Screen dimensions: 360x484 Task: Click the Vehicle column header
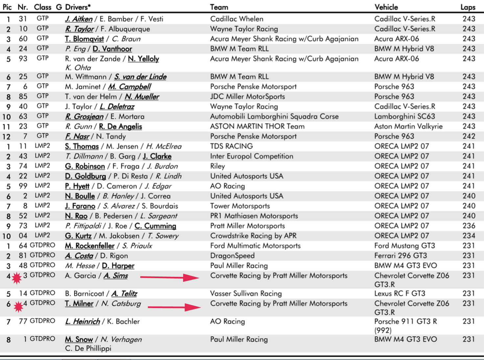pos(386,7)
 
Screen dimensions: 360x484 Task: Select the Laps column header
pos(468,7)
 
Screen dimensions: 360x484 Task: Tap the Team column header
pos(219,7)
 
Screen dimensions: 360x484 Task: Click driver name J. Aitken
pos(79,19)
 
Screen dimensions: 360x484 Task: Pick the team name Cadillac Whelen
pos(237,19)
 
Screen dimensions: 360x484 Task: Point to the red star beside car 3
pos(16,278)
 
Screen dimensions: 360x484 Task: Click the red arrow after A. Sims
pos(170,277)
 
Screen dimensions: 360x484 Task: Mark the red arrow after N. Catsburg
pos(174,307)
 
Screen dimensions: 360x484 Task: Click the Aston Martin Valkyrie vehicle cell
pos(408,126)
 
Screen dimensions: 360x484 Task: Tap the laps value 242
pos(469,136)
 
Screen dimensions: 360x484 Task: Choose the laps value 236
pos(469,226)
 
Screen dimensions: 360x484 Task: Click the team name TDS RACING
pos(231,146)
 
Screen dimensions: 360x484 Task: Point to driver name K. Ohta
pos(78,68)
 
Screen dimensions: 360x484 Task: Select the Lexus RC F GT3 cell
pos(400,293)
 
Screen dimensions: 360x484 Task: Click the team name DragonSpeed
pos(232,256)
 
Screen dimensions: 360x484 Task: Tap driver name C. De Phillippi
pos(88,348)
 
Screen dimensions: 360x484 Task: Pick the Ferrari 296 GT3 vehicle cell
pos(401,256)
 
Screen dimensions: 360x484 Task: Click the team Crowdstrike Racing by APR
pos(253,236)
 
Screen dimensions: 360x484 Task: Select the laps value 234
pos(469,236)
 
